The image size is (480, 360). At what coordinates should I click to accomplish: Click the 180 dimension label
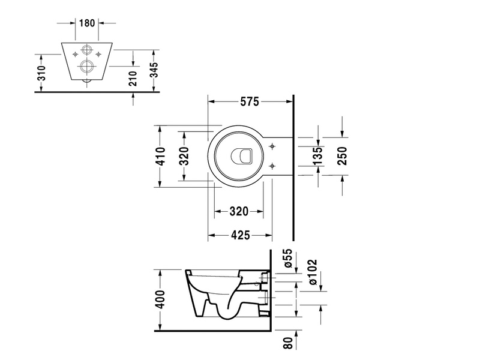[87, 23]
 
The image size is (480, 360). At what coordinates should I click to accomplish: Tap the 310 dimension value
[41, 73]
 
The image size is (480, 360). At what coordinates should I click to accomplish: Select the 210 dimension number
[133, 79]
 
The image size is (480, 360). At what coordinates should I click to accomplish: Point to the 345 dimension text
[155, 70]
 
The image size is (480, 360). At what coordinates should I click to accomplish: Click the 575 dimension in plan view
[250, 101]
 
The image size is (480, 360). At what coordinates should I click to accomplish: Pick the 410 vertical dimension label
[160, 156]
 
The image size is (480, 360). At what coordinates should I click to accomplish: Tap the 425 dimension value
[241, 235]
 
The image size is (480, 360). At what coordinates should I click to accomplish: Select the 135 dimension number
[318, 156]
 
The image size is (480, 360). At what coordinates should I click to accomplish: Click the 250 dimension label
[342, 156]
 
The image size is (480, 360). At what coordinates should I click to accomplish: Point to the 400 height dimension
[160, 299]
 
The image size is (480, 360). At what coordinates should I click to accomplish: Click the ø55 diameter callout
[289, 258]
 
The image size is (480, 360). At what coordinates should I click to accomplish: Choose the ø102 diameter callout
[313, 272]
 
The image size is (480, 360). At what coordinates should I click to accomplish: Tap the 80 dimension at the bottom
[289, 343]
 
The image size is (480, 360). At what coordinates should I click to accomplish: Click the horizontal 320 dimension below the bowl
[239, 211]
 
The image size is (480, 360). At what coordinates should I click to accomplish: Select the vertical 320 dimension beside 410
[184, 156]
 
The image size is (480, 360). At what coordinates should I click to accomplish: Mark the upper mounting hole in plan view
[272, 146]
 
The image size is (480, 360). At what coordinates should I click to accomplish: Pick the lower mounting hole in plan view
[272, 166]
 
